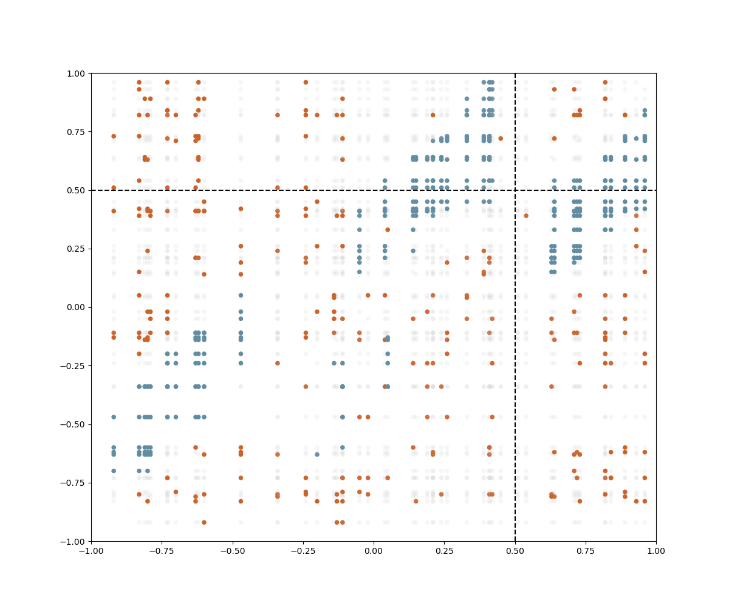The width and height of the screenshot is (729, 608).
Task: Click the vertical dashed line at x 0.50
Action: pos(515,365)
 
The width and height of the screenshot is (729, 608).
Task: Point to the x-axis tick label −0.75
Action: pos(162,550)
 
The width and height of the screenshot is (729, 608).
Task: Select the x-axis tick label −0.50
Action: pos(232,550)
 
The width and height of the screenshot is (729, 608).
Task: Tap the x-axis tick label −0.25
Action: pos(303,550)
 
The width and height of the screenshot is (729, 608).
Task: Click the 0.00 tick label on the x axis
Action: pos(374,550)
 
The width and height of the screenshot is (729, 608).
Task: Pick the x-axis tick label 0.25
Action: pos(444,550)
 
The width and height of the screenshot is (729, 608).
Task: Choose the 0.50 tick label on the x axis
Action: pos(515,550)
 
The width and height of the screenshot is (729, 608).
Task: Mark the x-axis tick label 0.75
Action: pos(586,550)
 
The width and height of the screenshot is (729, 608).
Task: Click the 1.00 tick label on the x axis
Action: pos(656,550)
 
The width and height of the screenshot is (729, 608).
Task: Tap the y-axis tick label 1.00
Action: pos(77,74)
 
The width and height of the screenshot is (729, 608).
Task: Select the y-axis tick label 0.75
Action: pos(77,132)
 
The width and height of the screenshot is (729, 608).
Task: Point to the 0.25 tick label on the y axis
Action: pos(77,249)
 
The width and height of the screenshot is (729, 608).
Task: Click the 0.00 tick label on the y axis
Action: pos(77,307)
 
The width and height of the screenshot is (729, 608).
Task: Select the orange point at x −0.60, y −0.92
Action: pos(204,522)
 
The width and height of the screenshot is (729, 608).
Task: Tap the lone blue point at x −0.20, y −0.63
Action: pos(317,454)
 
